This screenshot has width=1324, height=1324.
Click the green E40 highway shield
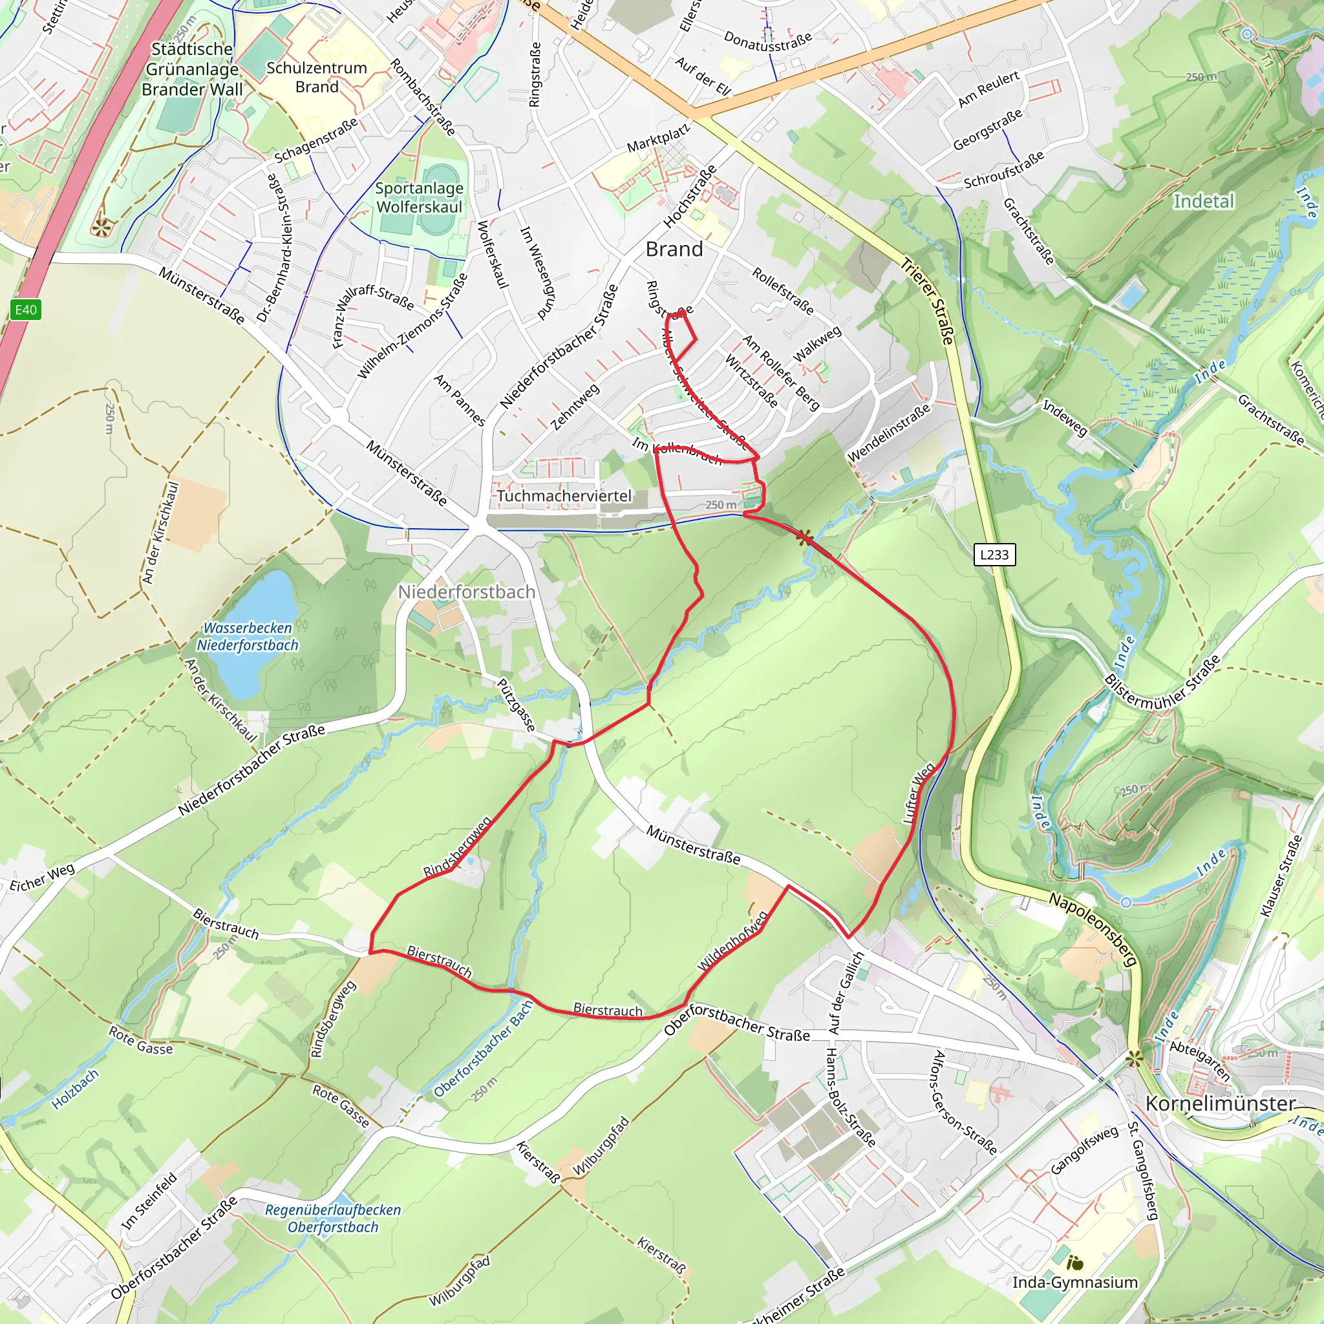[26, 310]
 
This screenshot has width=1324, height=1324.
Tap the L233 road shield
[994, 555]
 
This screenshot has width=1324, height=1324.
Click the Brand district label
[674, 250]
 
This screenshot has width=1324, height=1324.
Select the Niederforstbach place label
[467, 592]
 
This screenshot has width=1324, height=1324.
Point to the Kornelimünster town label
[1221, 1104]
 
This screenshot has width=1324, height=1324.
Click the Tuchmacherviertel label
[564, 495]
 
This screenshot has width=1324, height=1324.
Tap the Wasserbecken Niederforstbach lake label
[248, 637]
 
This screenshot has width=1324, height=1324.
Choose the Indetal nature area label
[1203, 202]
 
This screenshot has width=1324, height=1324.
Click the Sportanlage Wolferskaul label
[420, 197]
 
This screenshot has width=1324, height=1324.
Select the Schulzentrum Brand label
[317, 78]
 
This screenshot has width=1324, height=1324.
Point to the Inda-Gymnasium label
[1074, 1282]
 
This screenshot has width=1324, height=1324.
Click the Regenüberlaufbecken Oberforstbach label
[333, 1219]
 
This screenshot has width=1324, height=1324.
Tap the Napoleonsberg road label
[1094, 929]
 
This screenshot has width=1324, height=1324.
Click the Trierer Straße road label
[927, 301]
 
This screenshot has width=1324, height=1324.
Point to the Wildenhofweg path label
[732, 940]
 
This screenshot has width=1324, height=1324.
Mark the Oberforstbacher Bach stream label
[484, 1049]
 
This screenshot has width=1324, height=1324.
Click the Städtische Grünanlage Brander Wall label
[192, 69]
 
